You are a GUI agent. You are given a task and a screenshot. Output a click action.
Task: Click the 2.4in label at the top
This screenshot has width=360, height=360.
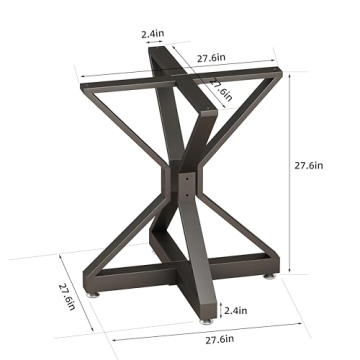[154, 33]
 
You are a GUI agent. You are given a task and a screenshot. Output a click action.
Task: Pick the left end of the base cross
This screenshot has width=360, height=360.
[95, 281]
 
